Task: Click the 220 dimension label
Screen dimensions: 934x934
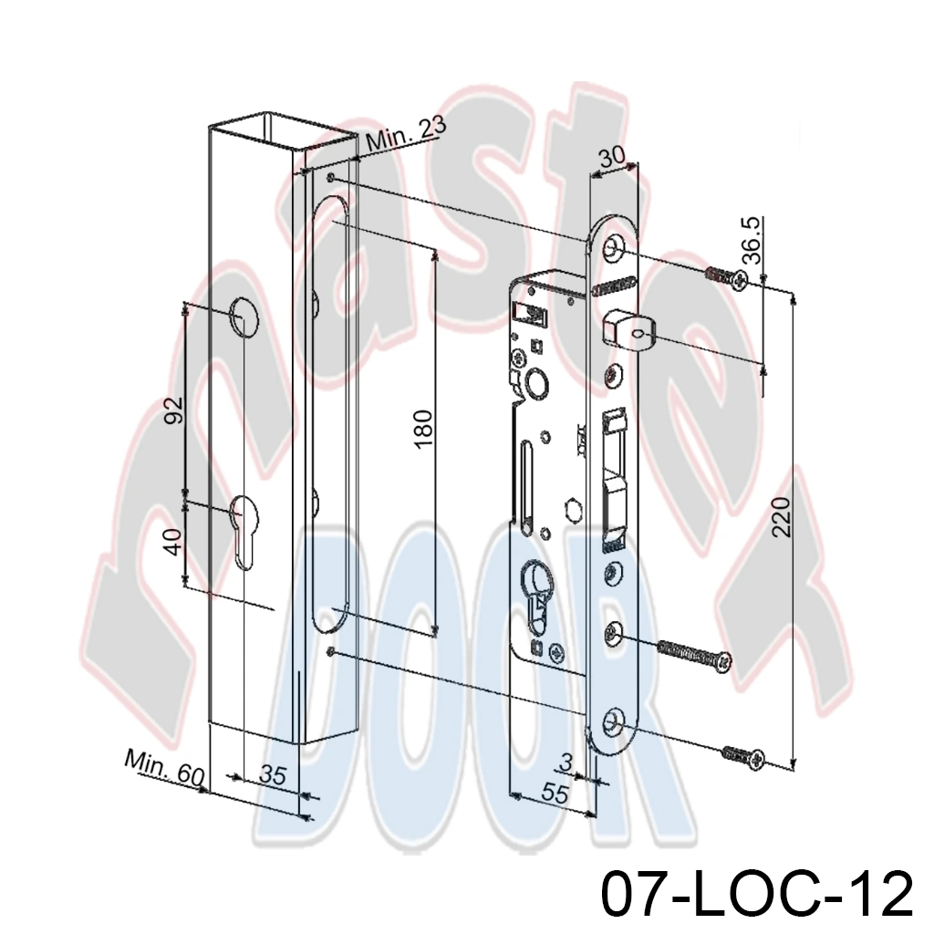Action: [781, 516]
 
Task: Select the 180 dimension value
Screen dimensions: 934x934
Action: [422, 429]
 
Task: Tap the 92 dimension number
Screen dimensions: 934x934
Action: [173, 410]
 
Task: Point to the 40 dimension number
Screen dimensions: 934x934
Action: [173, 542]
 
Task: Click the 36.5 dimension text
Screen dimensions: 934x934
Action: [752, 240]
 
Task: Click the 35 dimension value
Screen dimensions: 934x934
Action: [274, 775]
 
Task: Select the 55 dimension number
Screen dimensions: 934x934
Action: [555, 794]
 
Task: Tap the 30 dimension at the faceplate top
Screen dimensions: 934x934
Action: [612, 157]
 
